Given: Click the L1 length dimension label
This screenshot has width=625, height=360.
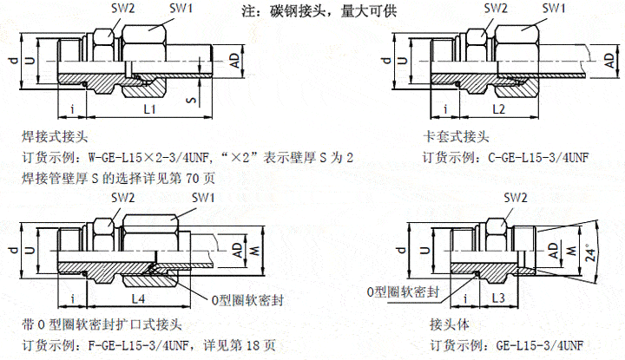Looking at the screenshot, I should click(148, 109).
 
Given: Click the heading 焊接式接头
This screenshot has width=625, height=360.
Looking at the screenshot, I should click(57, 137).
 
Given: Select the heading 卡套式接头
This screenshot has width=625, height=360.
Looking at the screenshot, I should click(455, 137).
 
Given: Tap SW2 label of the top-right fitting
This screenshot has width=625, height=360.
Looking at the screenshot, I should click(495, 8).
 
